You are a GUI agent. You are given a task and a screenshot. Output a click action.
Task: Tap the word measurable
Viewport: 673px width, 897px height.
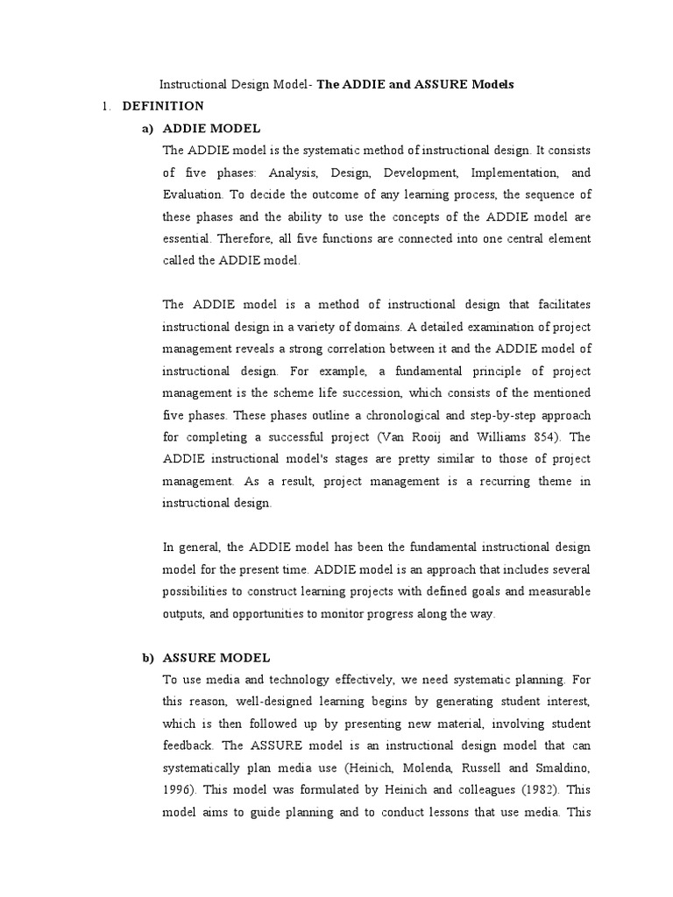pyautogui.click(x=556, y=591)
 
